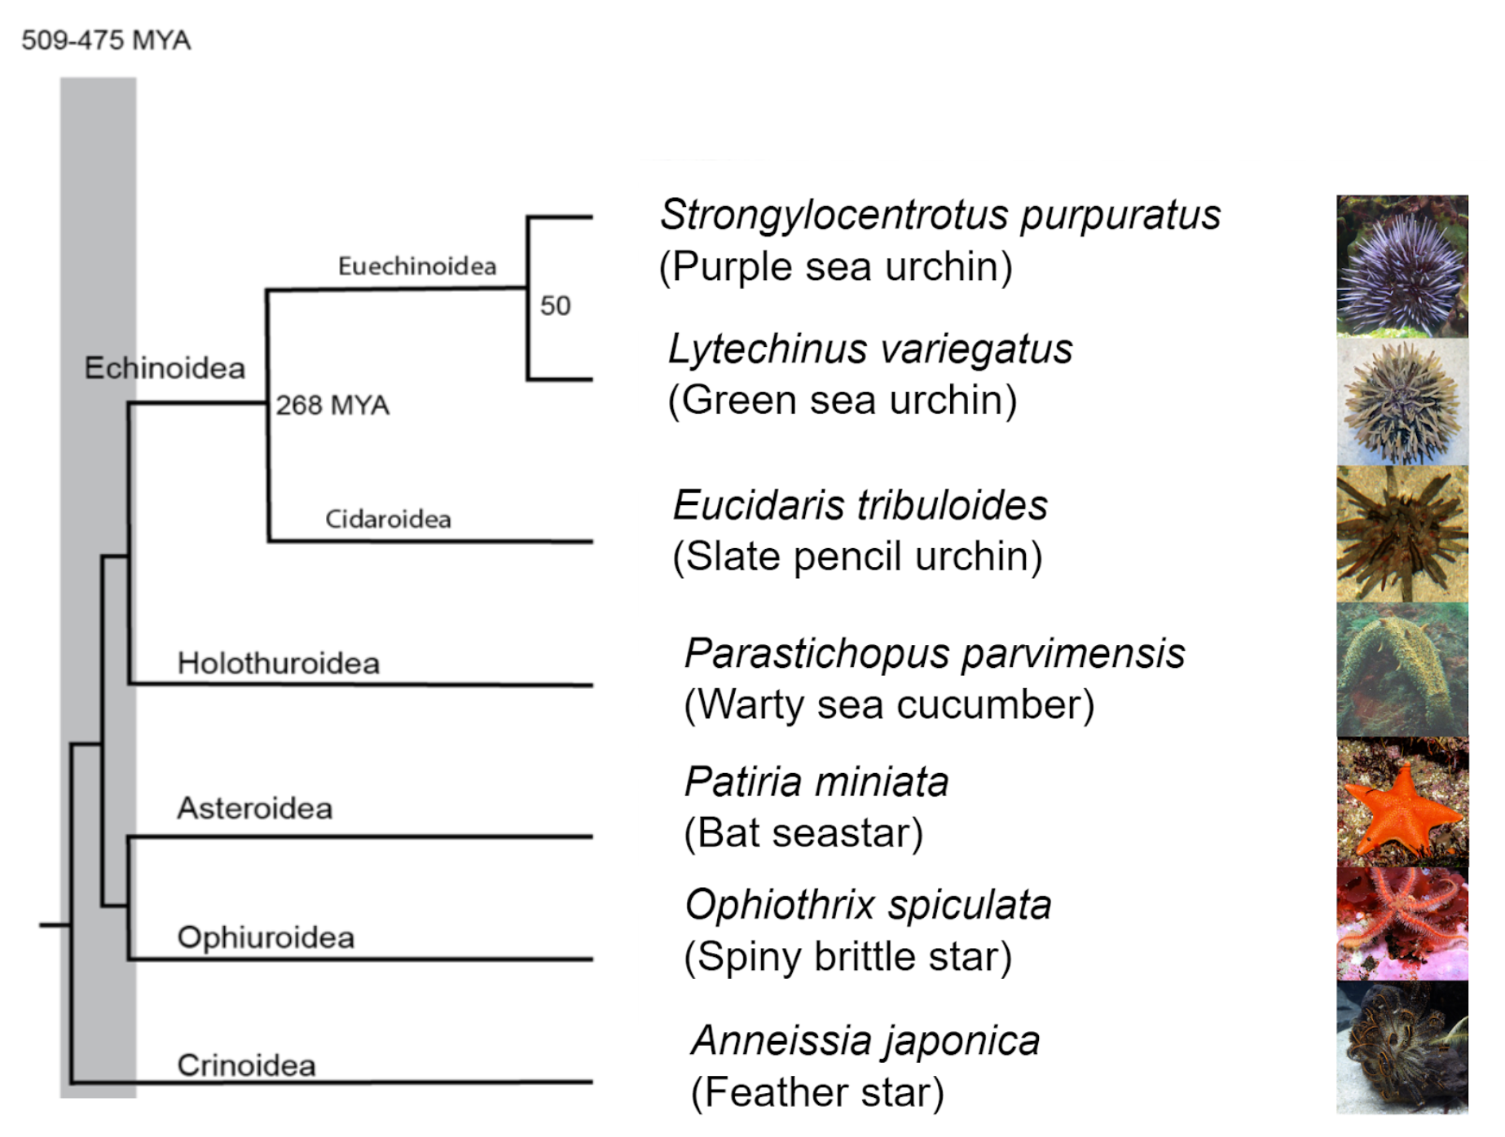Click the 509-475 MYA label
pos(106,40)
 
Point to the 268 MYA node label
pos(332,405)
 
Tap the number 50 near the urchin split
pos(555,306)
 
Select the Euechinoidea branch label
pos(416,266)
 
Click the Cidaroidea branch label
pos(388,519)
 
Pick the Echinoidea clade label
pos(165,368)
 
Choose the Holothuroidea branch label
pos(278,663)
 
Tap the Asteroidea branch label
pos(255,808)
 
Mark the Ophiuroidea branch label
pos(266,937)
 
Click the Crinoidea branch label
pos(246,1065)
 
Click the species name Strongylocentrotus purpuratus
pos(940,215)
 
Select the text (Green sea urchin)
pos(842,400)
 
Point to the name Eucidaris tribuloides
pos(860,505)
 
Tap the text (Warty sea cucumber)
pos(889,705)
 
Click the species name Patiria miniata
pos(816,782)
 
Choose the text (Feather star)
pos(817,1092)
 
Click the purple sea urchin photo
pos(1402,266)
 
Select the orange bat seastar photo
pos(1402,802)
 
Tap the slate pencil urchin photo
pos(1402,533)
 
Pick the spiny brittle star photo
pos(1402,924)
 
